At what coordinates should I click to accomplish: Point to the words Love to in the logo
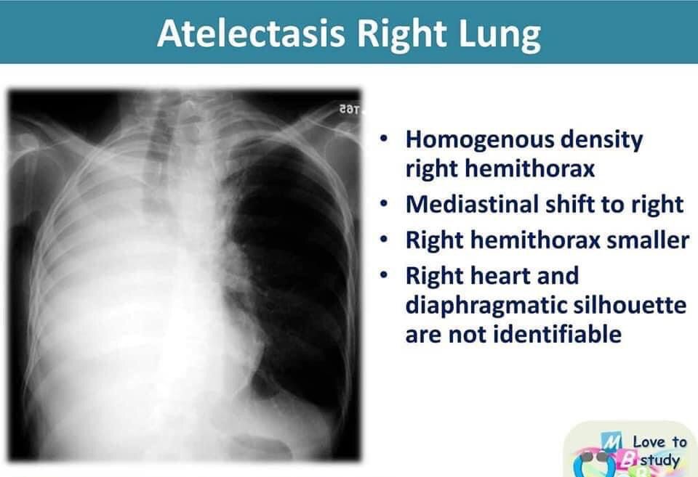(659, 441)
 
